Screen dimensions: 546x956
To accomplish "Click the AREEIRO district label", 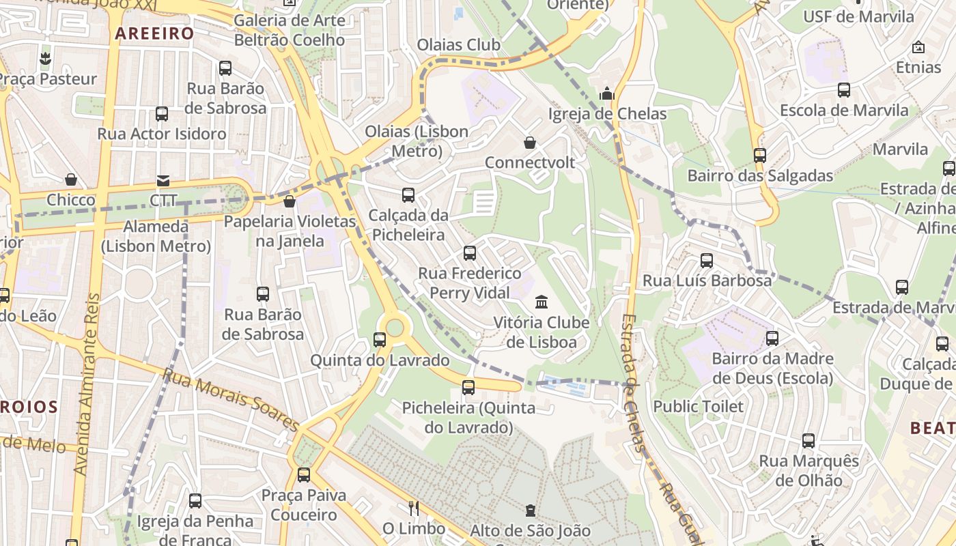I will (154, 33).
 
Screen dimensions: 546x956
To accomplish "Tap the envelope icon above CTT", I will (163, 181).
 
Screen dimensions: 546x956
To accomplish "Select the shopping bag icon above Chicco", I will (71, 180).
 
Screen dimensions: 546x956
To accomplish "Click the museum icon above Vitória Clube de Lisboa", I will (542, 302).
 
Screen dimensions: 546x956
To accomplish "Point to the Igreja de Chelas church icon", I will (607, 94).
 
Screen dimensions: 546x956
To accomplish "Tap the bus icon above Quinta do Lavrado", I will (380, 340).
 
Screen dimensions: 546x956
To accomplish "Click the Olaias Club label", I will (459, 45).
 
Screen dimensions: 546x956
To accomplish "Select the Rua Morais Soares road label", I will (231, 400).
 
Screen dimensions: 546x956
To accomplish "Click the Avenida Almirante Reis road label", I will (87, 384).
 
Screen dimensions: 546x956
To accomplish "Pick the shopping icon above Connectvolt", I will (530, 143).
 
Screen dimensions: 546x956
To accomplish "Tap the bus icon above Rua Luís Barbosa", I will (707, 261).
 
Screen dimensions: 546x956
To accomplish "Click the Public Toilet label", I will (699, 407).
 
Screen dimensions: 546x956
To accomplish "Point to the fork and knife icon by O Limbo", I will (413, 508).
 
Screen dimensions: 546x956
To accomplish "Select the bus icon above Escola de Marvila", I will (844, 90).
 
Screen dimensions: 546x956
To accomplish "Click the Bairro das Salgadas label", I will (760, 175).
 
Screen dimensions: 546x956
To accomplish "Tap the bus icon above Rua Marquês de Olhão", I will (809, 441).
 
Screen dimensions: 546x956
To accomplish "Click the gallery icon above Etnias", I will (918, 48).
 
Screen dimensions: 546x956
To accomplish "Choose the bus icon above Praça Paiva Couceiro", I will (304, 475).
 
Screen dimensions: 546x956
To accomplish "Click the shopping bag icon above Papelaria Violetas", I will (290, 201).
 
